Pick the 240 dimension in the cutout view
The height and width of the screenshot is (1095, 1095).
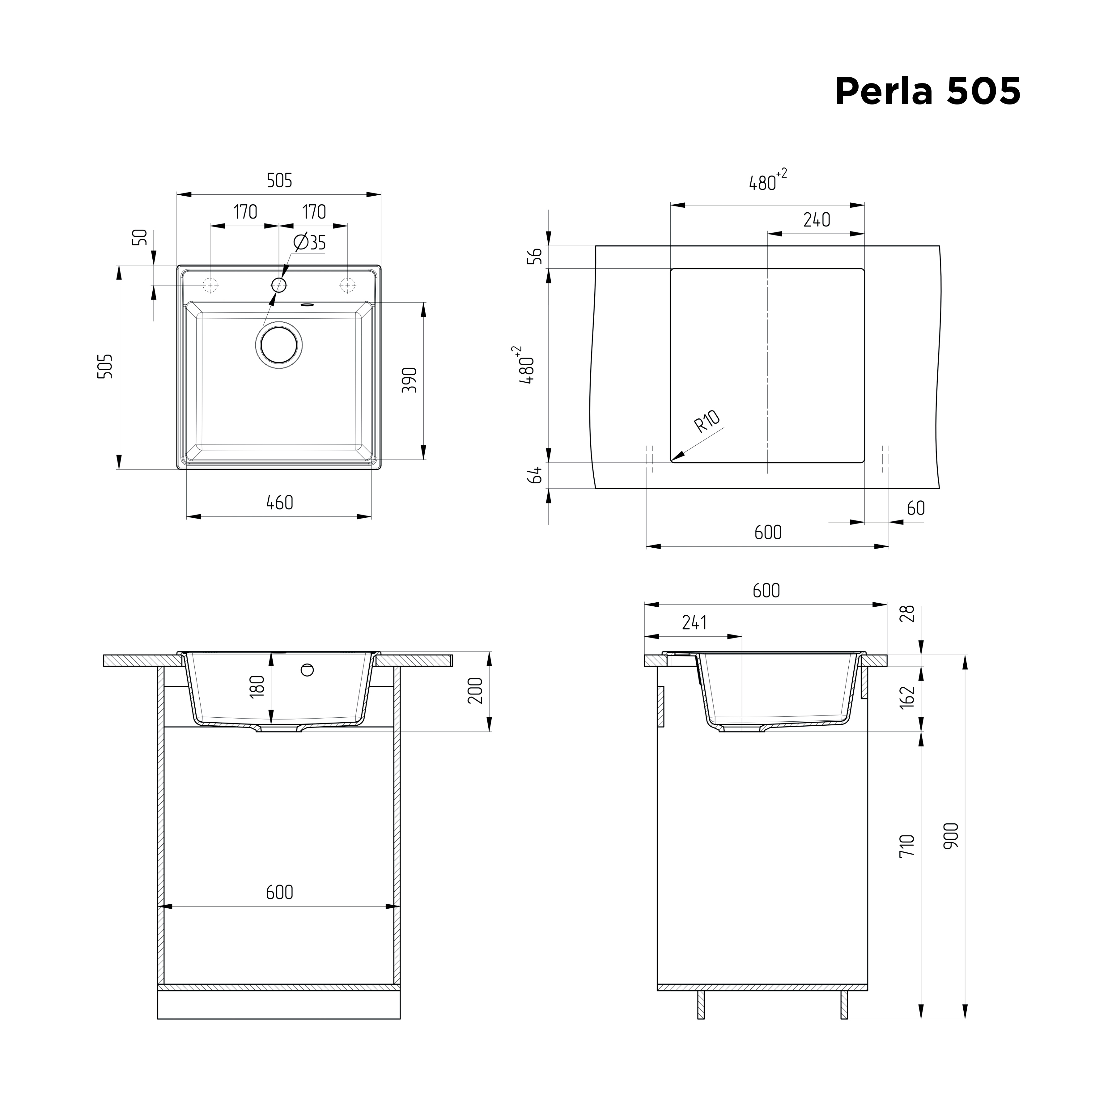click(x=817, y=219)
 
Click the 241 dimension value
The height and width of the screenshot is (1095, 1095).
click(x=694, y=622)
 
